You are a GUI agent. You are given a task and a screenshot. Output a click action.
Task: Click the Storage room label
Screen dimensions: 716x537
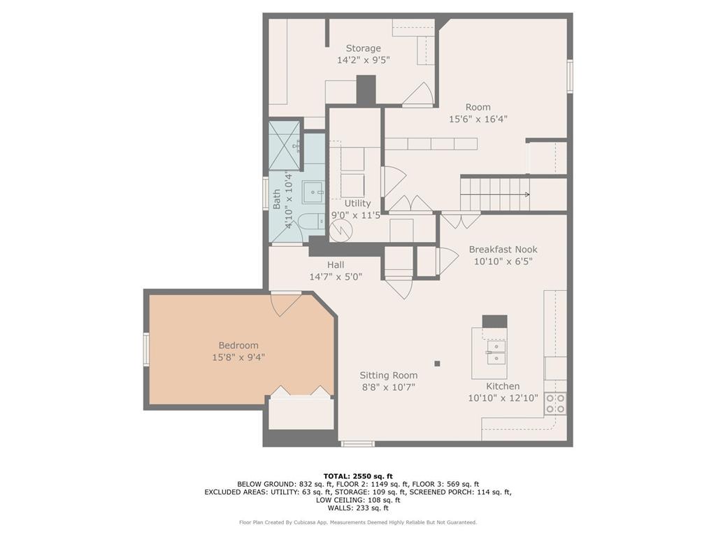(x=363, y=48)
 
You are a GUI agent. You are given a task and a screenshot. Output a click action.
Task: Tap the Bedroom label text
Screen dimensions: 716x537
(x=238, y=345)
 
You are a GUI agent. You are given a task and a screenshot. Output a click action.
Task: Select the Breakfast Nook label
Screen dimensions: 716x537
(x=503, y=250)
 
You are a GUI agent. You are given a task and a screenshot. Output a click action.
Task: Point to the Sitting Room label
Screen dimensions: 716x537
(x=389, y=375)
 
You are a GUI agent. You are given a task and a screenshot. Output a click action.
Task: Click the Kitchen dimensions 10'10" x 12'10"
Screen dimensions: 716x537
(x=503, y=398)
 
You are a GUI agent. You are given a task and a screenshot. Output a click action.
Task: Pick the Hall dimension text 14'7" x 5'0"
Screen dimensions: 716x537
(x=336, y=276)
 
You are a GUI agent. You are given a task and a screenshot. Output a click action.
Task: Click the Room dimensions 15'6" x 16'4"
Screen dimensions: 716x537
(x=478, y=119)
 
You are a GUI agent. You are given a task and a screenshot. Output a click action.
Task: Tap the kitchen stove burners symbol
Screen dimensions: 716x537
(x=555, y=403)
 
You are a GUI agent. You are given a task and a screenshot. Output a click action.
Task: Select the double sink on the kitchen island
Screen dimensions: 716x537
(x=496, y=352)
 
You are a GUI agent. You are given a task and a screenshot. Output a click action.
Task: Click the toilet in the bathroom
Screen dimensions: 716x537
(x=311, y=222)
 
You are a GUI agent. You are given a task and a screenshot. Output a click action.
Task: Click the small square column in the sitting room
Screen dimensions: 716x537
(x=437, y=364)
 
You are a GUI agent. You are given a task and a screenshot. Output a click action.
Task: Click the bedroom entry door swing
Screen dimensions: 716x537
(x=286, y=304)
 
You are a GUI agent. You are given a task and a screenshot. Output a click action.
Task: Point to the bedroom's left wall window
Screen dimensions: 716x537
(x=146, y=350)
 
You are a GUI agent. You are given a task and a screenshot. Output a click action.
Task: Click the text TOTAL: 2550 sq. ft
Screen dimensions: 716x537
(x=358, y=475)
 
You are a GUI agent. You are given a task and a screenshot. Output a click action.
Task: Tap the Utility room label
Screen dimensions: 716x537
(x=357, y=203)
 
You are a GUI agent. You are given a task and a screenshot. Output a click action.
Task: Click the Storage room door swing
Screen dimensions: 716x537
(x=418, y=94)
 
